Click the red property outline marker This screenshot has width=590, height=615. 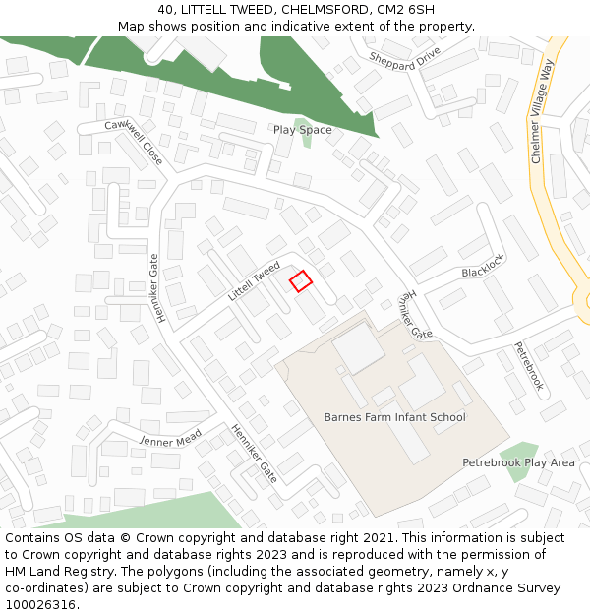pyautogui.click(x=301, y=280)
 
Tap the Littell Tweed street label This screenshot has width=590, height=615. pyautogui.click(x=254, y=281)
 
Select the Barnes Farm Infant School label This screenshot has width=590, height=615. pyautogui.click(x=394, y=417)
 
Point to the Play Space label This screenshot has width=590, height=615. pyautogui.click(x=302, y=130)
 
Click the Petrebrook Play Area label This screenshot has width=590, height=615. pyautogui.click(x=518, y=462)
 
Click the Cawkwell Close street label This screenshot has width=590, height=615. pyautogui.click(x=135, y=140)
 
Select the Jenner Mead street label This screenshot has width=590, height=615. pyautogui.click(x=170, y=437)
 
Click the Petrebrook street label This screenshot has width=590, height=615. pyautogui.click(x=528, y=366)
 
